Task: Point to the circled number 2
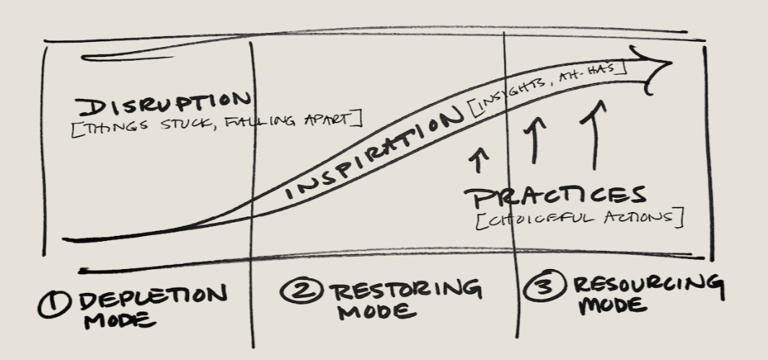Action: [299, 292]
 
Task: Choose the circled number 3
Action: [543, 289]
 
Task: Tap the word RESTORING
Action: [405, 291]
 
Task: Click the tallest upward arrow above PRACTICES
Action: [596, 136]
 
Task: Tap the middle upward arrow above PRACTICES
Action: [535, 141]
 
